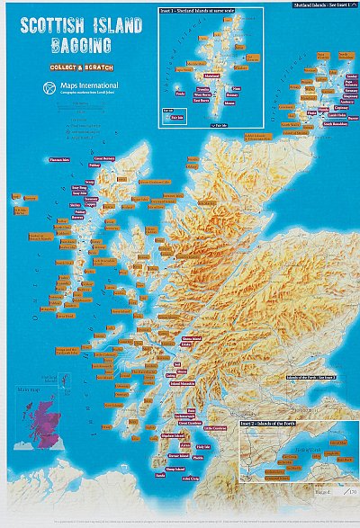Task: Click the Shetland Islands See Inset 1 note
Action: click(x=324, y=5)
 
